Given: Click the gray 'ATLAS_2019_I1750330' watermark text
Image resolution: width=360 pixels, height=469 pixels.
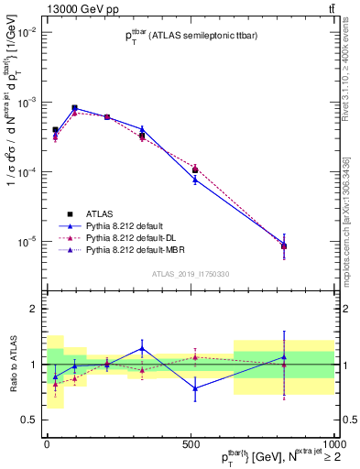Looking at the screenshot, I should [191, 274].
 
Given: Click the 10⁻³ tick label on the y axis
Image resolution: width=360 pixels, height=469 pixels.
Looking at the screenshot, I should [30, 103].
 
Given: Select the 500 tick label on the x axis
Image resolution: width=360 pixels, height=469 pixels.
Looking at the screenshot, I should [191, 442].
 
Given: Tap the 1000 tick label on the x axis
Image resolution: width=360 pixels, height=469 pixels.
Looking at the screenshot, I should [333, 442].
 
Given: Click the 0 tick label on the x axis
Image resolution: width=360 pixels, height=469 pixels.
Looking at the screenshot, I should [47, 442].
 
